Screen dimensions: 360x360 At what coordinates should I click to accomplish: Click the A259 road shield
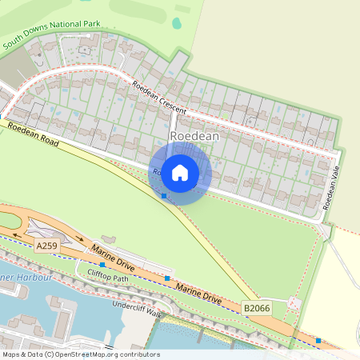click(x=46, y=247)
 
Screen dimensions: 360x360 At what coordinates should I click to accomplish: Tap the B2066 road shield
click(x=256, y=307)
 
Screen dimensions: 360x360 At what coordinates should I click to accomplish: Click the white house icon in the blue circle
click(x=180, y=172)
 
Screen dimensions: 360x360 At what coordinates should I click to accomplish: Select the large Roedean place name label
click(x=194, y=137)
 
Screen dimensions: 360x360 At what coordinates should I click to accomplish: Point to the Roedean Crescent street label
click(x=159, y=98)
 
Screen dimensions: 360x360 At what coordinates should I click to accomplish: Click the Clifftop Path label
click(x=108, y=278)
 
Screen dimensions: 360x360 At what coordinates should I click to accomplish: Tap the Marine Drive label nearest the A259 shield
click(x=111, y=257)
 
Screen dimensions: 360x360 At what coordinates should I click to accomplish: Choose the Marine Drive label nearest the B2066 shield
click(x=198, y=293)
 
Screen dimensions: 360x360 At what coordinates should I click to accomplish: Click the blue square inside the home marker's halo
click(x=164, y=195)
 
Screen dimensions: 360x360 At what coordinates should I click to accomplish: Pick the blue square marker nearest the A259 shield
click(x=102, y=264)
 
